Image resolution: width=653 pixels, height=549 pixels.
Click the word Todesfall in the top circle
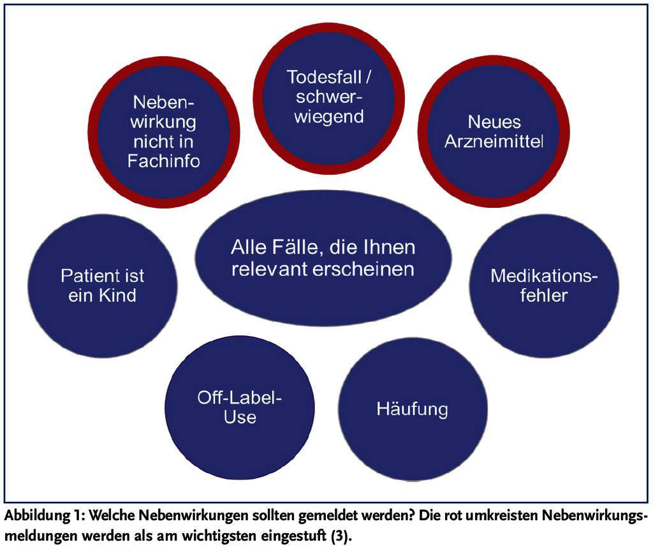pos(324,77)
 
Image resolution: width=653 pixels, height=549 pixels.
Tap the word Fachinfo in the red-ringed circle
pos(164,161)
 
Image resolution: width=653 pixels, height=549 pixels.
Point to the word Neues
pos(494,122)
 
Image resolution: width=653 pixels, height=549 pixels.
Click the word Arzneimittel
pos(494,142)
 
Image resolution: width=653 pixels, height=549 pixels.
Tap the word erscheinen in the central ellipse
pos(363,269)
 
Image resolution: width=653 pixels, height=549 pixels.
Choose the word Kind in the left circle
pos(117,295)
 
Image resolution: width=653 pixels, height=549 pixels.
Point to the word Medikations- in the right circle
pos(544,275)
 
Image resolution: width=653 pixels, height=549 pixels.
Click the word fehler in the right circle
pos(544,295)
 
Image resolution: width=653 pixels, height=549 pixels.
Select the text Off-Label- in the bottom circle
pos(240,398)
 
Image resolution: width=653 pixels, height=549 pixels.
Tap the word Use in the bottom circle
pos(240,417)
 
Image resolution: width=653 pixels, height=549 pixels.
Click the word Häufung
pos(413,409)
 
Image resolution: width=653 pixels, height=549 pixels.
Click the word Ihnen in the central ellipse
pos(389,247)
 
